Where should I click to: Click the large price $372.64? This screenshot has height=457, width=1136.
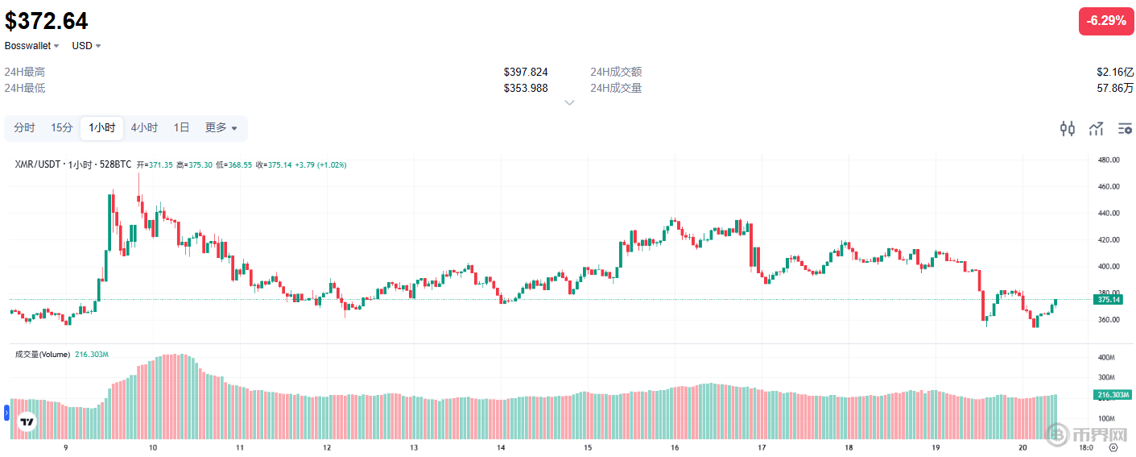[47, 21]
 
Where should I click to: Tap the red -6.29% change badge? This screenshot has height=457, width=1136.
[1105, 21]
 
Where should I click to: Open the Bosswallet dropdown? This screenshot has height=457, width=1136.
[32, 46]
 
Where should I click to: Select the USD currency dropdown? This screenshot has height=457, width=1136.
[86, 46]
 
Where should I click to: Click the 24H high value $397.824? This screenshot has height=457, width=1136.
[526, 72]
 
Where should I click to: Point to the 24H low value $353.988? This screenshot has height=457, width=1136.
[526, 88]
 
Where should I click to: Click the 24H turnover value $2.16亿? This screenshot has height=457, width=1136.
[1115, 72]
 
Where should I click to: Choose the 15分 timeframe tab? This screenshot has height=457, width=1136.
[62, 127]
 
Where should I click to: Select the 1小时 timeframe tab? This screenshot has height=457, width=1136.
[101, 127]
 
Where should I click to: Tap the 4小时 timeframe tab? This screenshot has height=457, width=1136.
[144, 127]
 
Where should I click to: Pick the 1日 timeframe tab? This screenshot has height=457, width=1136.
[182, 127]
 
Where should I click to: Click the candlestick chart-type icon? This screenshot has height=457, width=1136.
[1068, 128]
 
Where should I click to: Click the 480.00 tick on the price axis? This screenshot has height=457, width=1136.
[1109, 160]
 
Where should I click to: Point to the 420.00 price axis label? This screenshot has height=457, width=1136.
[1109, 239]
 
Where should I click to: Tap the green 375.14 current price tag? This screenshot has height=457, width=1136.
[1109, 299]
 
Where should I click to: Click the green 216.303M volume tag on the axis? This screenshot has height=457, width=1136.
[1112, 395]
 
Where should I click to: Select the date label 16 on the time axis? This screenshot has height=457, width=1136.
[675, 447]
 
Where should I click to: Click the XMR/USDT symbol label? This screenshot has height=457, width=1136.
[39, 164]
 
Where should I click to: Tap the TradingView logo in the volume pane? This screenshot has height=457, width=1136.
[27, 422]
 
